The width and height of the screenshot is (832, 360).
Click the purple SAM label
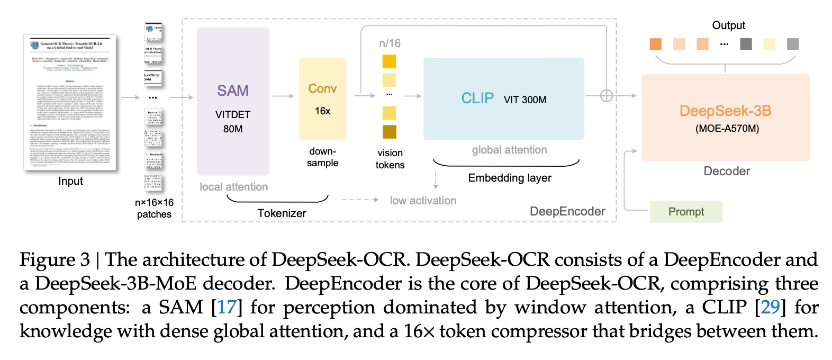(232, 91)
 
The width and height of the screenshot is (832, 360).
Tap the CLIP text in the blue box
(477, 98)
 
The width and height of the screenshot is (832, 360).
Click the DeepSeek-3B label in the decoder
(725, 111)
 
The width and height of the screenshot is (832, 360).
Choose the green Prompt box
(686, 212)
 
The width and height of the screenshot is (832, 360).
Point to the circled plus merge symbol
(607, 96)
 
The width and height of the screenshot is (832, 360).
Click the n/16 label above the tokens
(390, 43)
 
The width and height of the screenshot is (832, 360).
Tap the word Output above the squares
(728, 25)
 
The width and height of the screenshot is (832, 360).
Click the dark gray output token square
(746, 44)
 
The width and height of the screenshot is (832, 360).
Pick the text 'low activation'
(423, 201)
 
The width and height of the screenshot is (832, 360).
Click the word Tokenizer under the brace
(282, 213)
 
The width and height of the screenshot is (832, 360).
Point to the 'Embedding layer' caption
(509, 178)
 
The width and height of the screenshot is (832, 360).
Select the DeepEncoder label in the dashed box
(567, 212)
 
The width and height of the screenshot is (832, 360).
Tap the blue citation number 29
(771, 307)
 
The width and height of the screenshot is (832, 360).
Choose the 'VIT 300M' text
(525, 100)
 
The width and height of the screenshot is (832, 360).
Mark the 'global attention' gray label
(509, 150)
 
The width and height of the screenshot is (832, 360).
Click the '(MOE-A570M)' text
(727, 128)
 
